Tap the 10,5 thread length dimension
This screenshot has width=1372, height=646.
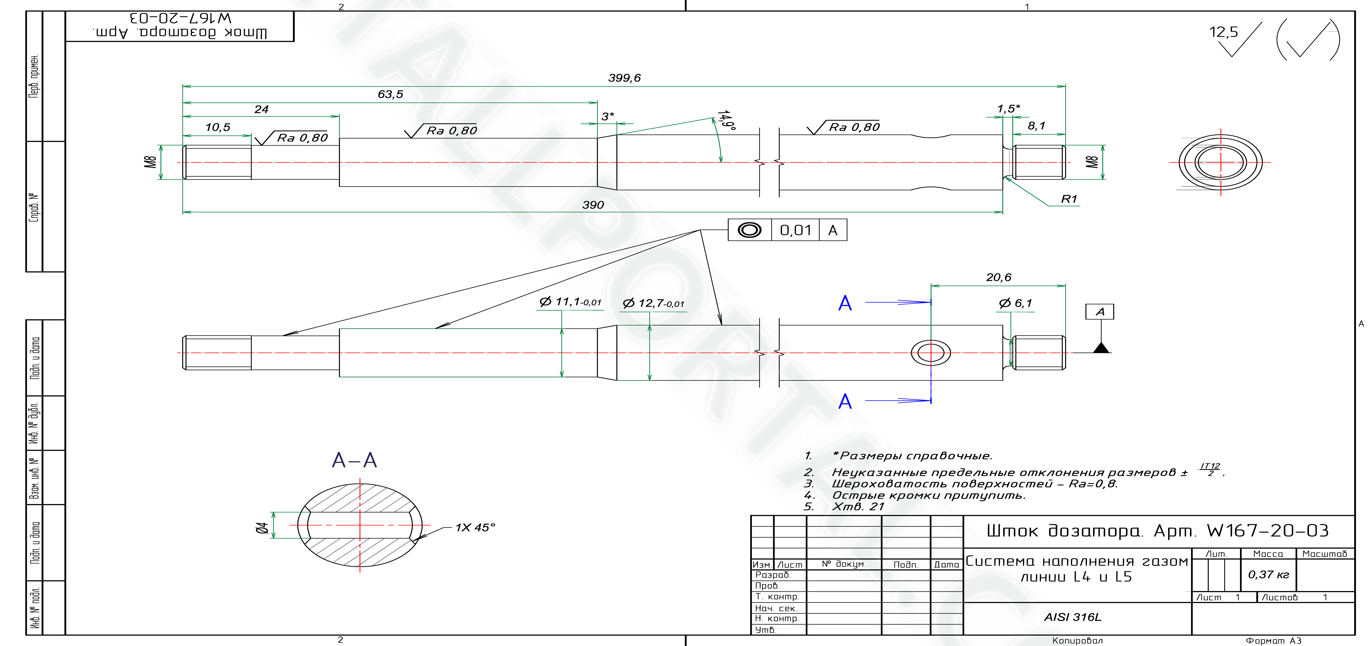pos(218,127)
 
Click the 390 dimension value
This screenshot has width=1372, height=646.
pos(593,205)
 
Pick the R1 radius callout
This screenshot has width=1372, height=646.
pos(1069,199)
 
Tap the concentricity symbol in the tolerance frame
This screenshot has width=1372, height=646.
pos(749,230)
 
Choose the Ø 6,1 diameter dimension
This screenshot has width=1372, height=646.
pos(1015,303)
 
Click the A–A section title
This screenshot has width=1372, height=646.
pos(354,460)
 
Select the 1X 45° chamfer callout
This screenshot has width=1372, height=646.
pos(475,527)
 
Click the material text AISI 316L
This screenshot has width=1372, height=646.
pos(1073,617)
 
